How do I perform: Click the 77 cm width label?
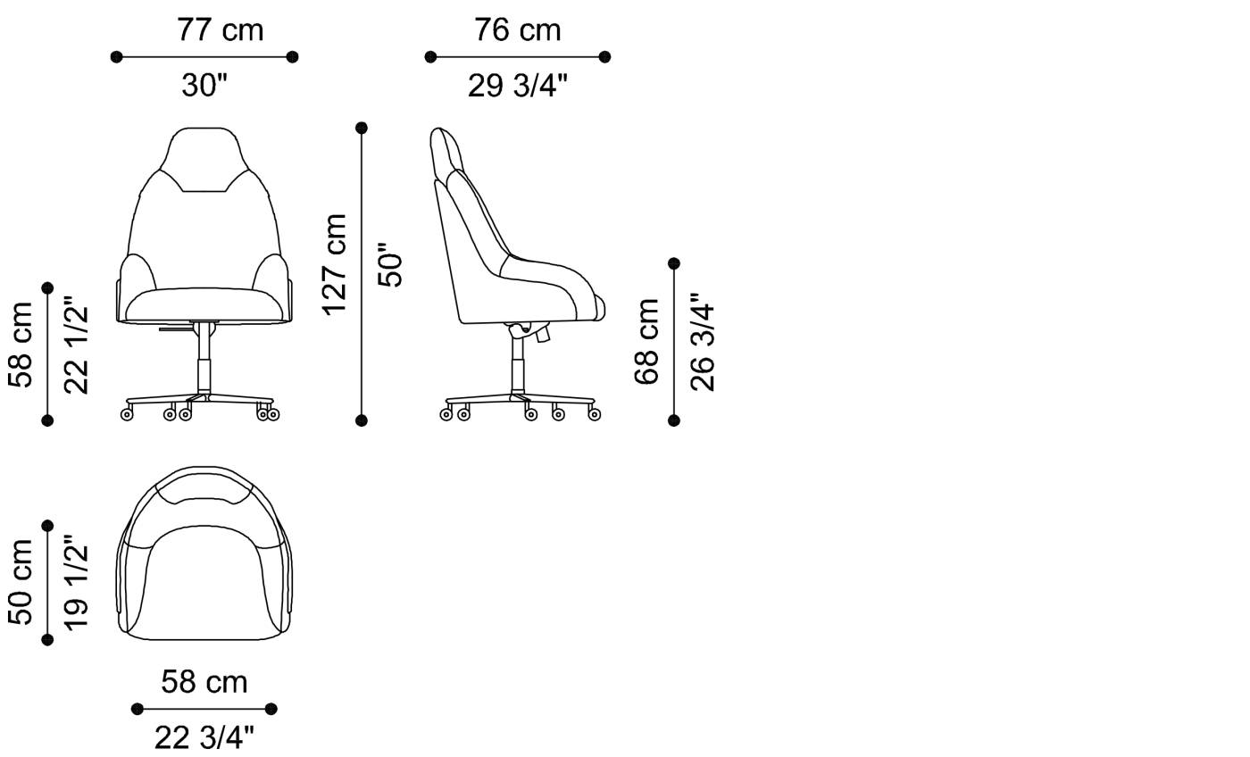click(220, 29)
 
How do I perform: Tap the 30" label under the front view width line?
click(204, 86)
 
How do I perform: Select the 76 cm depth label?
click(517, 29)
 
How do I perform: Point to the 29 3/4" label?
click(517, 86)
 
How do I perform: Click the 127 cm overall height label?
click(335, 264)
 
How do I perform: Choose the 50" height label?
click(390, 264)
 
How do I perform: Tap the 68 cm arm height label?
click(646, 341)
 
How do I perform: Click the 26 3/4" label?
click(703, 341)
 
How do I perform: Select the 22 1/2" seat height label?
click(77, 345)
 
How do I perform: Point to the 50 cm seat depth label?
click(21, 581)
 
